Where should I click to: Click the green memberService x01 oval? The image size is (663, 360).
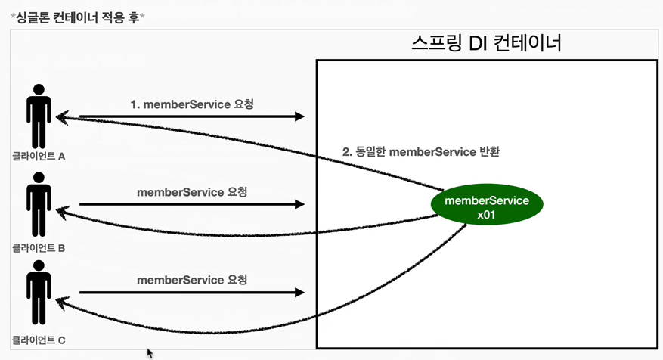tap(486, 207)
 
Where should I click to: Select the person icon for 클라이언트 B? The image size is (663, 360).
tap(39, 205)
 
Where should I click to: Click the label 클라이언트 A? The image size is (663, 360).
tap(39, 157)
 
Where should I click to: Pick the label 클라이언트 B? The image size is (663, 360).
tap(39, 247)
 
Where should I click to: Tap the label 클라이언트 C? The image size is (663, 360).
tap(39, 340)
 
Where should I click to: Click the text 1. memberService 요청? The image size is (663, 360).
tap(192, 104)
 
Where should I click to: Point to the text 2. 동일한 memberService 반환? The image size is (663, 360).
tap(421, 151)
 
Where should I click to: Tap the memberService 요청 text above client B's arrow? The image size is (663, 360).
tap(192, 191)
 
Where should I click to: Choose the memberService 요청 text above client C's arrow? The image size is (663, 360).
tap(192, 279)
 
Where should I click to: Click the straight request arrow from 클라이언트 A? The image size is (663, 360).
tap(192, 116)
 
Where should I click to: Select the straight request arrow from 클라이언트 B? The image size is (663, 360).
tap(192, 204)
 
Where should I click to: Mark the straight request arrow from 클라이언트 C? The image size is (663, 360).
tap(192, 292)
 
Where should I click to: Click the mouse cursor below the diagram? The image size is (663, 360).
tap(150, 353)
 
